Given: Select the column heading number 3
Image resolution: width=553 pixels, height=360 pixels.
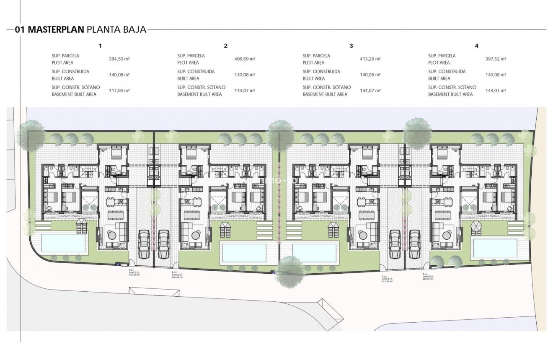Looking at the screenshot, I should coord(351,46).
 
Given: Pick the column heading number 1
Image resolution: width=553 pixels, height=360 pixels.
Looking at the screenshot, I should coord(100,46).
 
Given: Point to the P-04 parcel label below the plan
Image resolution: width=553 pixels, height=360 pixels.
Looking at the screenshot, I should coord(428,277).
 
